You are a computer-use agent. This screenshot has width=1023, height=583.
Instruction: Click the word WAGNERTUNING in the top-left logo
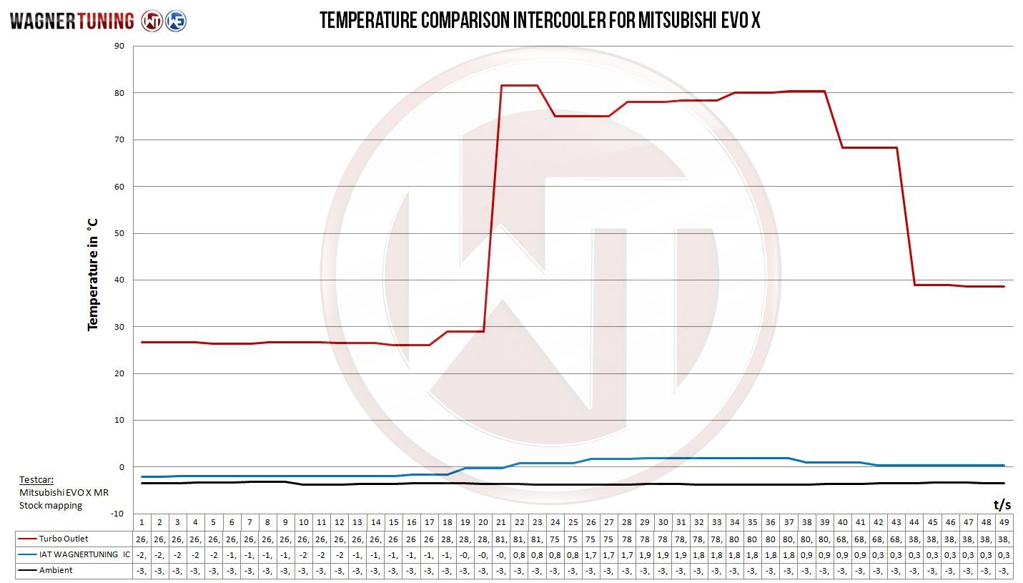pos(71,21)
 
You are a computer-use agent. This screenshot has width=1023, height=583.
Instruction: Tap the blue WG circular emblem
pos(175,21)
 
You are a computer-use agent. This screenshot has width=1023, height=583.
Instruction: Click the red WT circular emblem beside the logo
pos(152,21)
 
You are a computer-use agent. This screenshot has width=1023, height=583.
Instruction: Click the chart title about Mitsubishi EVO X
pos(540,21)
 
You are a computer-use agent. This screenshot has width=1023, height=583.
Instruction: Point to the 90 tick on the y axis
pos(119,46)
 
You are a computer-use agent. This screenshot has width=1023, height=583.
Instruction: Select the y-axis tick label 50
pos(119,233)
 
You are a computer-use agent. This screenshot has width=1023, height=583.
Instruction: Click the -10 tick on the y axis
pos(117,514)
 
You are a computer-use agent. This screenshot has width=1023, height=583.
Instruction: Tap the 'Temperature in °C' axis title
pos(93,274)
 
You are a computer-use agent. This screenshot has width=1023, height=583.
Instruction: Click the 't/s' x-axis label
pos(1002,505)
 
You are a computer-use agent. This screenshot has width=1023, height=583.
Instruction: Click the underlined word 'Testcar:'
pos(36,480)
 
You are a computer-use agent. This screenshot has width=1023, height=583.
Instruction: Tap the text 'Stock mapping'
pos(51,505)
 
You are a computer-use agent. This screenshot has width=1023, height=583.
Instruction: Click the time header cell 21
pos(501,522)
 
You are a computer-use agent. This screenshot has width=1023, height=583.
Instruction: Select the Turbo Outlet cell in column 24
pos(555,539)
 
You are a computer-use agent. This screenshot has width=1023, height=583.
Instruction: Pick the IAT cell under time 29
pos(645,555)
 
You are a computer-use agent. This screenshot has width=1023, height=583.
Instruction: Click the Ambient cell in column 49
pos(1004,571)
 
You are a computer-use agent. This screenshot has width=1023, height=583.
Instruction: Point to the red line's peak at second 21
pos(501,85)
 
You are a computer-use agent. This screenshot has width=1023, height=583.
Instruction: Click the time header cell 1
pos(142,522)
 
